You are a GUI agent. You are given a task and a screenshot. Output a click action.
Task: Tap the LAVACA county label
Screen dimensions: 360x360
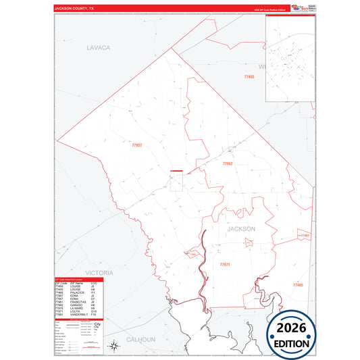(x=98, y=48)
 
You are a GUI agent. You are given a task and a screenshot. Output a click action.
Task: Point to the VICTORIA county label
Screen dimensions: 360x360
(x=99, y=272)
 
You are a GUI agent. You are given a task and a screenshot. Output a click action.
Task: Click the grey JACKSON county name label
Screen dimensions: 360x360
(x=242, y=229)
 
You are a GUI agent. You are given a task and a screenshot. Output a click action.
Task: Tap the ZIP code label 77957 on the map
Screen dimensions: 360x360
(x=137, y=145)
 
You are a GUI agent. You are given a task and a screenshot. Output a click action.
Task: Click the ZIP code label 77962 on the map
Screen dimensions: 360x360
(x=228, y=163)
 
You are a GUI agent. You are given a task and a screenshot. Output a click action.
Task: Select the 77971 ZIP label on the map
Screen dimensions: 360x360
(x=225, y=264)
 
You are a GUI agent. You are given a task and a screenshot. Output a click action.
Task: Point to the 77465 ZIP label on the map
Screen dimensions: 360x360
(x=298, y=285)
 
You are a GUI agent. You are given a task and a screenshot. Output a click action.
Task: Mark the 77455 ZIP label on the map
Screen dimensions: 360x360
(x=249, y=77)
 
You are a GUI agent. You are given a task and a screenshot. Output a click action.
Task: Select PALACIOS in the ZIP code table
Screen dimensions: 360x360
(x=76, y=292)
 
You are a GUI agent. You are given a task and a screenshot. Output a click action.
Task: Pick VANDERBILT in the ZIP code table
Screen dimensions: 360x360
(x=78, y=315)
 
